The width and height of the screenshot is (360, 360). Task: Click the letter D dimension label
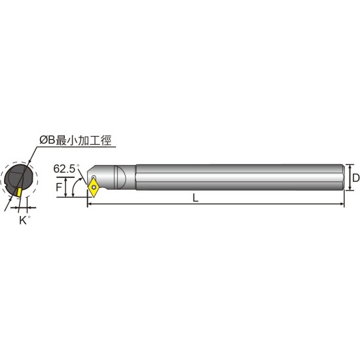coord(356,177)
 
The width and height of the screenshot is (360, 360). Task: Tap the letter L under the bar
coord(196,198)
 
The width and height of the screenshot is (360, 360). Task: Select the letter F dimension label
coord(59,187)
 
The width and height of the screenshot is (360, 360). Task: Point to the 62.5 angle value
coord(64,169)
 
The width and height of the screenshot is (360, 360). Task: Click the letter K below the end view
coord(23,221)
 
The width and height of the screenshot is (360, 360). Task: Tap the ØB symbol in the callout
coord(48,140)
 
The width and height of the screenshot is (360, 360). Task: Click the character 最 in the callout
coord(62,140)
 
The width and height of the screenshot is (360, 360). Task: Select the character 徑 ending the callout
coord(106,140)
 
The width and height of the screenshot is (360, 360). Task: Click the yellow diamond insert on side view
coord(94,188)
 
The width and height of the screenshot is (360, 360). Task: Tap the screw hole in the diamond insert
coord(94,187)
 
